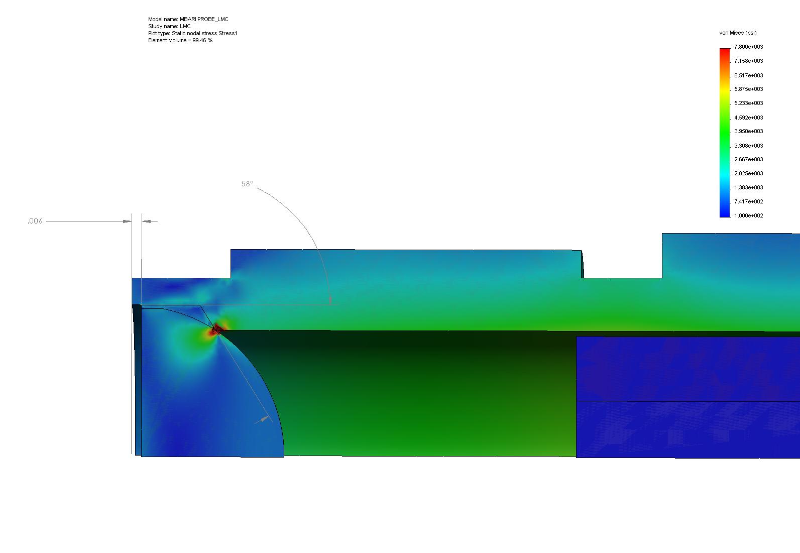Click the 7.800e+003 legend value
pos(749,47)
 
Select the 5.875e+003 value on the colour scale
pos(749,89)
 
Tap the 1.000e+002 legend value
pos(749,215)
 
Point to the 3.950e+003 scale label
pos(749,131)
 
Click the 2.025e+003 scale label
pos(749,173)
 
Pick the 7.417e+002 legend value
pos(749,201)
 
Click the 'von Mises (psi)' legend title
pos(738,33)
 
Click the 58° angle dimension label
pos(247,184)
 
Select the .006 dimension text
pos(35,221)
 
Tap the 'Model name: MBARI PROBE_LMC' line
pos(188,19)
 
